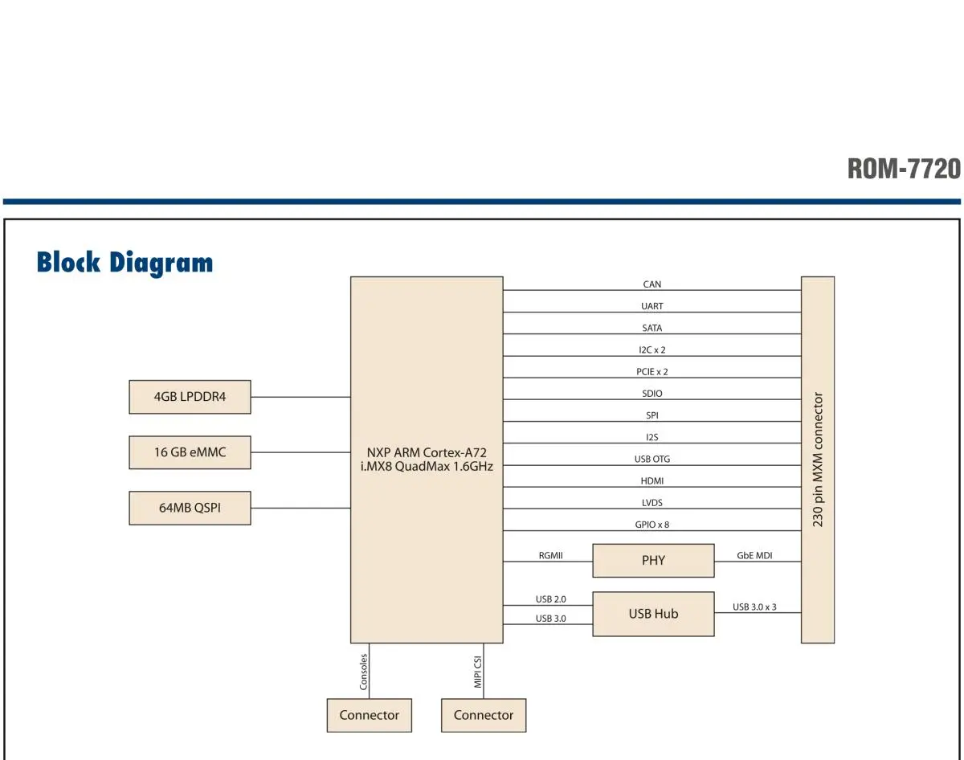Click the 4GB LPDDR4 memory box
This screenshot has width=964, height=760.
coord(190,397)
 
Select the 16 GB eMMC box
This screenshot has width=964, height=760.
coord(190,452)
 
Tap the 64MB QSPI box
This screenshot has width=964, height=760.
coord(190,508)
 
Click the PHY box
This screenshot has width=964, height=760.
coord(653,560)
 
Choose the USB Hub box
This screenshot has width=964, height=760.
coord(653,614)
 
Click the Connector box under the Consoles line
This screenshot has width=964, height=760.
coord(369,715)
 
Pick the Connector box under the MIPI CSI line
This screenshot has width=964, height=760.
coord(484,715)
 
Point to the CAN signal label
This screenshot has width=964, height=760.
coord(652,284)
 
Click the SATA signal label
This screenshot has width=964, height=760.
coord(652,328)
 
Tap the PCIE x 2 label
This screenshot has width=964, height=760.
coord(652,371)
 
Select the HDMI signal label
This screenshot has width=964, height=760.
coord(652,481)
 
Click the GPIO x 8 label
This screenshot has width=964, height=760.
coord(652,525)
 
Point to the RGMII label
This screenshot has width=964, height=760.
coord(550,555)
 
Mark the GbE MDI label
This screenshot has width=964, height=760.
coord(754,555)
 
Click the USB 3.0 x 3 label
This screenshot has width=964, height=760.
coord(754,607)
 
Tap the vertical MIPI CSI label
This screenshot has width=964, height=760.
coord(477,672)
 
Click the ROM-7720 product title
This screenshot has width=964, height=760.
coord(904,169)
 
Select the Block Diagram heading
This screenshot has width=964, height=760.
coord(125,263)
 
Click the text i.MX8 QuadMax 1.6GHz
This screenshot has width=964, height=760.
coord(427,467)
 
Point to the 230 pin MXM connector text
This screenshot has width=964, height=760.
coord(818,460)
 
